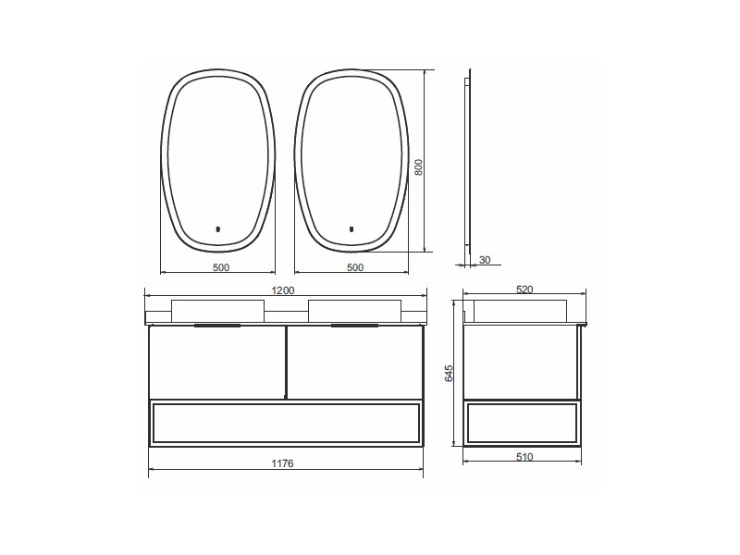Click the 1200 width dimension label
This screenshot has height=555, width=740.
pyautogui.click(x=282, y=290)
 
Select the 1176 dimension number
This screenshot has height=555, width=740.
pyautogui.click(x=282, y=463)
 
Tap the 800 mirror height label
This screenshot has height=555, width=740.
pyautogui.click(x=419, y=167)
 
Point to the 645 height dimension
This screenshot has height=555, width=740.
pyautogui.click(x=449, y=373)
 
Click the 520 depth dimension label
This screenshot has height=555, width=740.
pyautogui.click(x=524, y=290)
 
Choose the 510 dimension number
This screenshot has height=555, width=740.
pyautogui.click(x=524, y=457)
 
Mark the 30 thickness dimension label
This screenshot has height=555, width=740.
pyautogui.click(x=485, y=260)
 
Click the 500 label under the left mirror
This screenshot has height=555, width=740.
pyautogui.click(x=221, y=267)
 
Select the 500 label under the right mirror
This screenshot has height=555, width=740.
pyautogui.click(x=355, y=267)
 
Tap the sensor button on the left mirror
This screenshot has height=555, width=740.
pyautogui.click(x=217, y=229)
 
